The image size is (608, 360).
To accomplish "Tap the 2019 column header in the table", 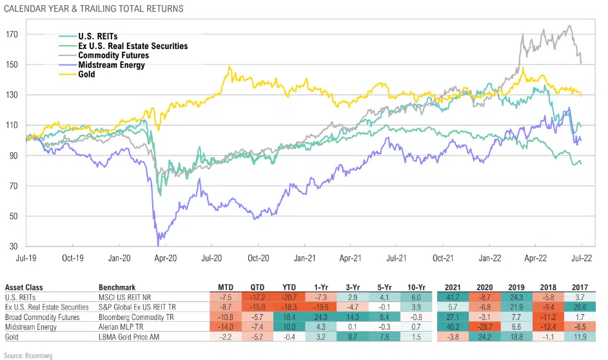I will [x=515, y=286].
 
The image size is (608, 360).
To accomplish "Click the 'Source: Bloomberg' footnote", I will [x=27, y=355].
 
